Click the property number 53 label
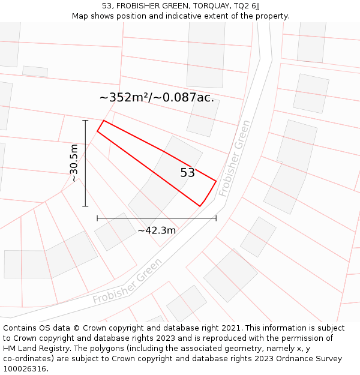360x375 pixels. (x=187, y=173)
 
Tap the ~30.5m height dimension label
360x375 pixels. (x=74, y=163)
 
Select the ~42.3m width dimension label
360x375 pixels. (x=157, y=230)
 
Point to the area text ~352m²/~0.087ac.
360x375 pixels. (x=157, y=97)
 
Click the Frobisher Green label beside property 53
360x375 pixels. (x=235, y=158)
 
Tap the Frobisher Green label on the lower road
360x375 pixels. (x=127, y=281)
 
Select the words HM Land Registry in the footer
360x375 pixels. (x=32, y=349)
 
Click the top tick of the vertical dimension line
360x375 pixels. (x=85, y=121)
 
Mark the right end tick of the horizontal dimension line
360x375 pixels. (x=216, y=218)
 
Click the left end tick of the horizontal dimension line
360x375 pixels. (x=97, y=218)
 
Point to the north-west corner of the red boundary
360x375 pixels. (x=104, y=121)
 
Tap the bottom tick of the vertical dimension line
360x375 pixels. (x=85, y=206)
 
